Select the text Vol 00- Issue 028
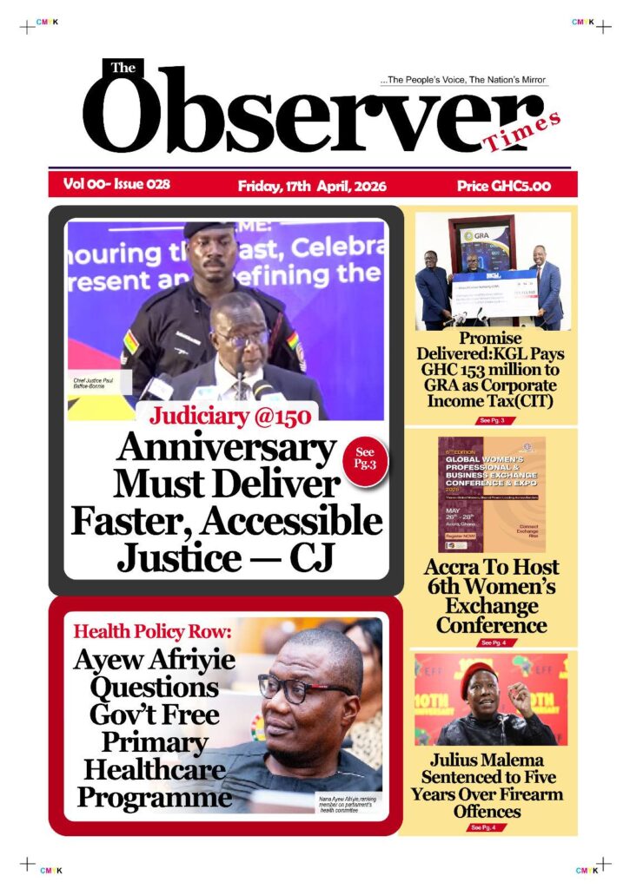point(116,184)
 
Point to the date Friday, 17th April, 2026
point(312,186)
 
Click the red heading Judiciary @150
point(229,416)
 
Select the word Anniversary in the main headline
point(226,449)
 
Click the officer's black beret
point(209,229)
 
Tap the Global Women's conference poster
point(492,493)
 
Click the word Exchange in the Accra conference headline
point(492,605)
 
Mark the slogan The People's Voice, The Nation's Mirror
point(463,80)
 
